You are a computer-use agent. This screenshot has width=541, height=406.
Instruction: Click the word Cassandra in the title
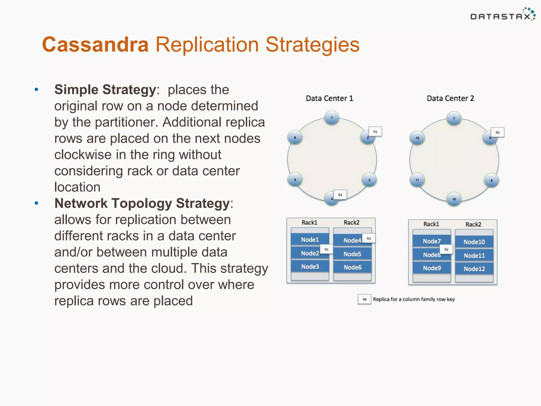(x=95, y=44)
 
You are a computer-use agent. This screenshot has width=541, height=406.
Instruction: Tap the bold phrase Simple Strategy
(x=105, y=90)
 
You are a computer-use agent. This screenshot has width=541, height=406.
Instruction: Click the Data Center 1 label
(x=329, y=98)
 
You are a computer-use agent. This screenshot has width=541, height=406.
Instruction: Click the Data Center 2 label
(x=450, y=98)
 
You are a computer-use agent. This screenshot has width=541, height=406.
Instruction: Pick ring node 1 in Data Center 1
(x=332, y=118)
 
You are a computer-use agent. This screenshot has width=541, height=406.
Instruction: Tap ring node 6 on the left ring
(x=295, y=137)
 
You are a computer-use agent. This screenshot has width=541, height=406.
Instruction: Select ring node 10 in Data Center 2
(x=454, y=199)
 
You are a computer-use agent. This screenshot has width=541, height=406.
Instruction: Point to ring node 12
(x=417, y=138)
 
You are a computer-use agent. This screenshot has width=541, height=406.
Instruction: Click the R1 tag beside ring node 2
(x=375, y=132)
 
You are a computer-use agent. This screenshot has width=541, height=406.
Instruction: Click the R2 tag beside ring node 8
(x=498, y=132)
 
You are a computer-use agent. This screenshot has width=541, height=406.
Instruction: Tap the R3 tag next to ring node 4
(x=340, y=195)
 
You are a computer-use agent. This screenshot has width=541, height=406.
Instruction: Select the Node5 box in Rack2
(x=352, y=254)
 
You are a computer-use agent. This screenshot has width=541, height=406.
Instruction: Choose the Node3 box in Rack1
(x=310, y=266)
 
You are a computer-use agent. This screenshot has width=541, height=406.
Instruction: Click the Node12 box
(x=474, y=269)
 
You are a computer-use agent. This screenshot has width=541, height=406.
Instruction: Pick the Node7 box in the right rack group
(x=431, y=241)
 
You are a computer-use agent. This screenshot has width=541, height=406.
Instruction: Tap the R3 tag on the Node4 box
(x=369, y=238)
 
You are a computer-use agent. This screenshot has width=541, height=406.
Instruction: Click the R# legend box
(x=365, y=299)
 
